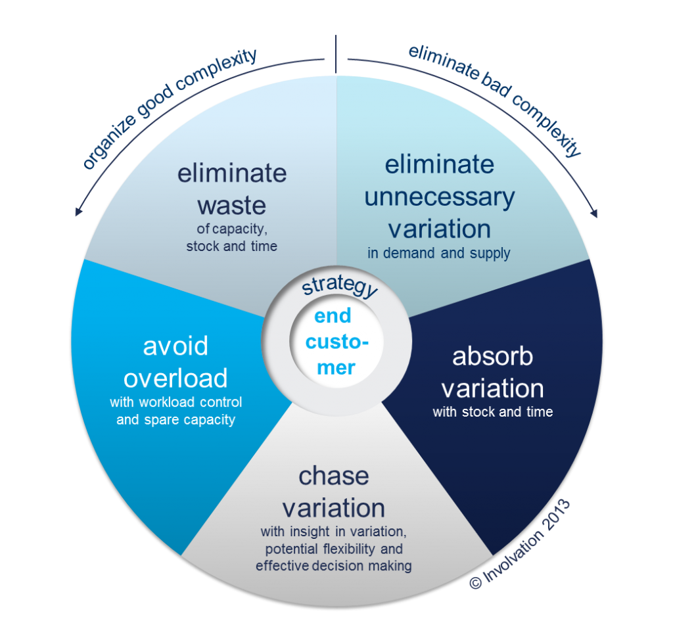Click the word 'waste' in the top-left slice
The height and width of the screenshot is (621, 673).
(x=231, y=205)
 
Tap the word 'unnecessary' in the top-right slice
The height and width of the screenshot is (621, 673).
(x=439, y=196)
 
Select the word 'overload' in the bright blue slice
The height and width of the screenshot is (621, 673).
(x=175, y=378)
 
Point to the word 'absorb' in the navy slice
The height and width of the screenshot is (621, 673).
(x=492, y=356)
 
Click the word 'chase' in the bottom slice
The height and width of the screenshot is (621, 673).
(x=333, y=476)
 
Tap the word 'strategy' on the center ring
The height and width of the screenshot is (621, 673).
(x=339, y=288)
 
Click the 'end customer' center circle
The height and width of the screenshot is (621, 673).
(x=336, y=342)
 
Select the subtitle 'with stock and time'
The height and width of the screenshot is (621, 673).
(x=492, y=412)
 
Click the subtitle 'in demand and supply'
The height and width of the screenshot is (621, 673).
(x=439, y=254)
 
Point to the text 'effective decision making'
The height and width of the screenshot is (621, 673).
(x=334, y=566)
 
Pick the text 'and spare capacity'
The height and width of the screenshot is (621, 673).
(x=175, y=419)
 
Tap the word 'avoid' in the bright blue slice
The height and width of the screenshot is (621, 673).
(x=175, y=346)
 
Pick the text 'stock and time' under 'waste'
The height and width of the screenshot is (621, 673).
(x=231, y=246)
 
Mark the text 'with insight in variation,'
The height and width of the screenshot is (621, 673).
(x=334, y=532)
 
